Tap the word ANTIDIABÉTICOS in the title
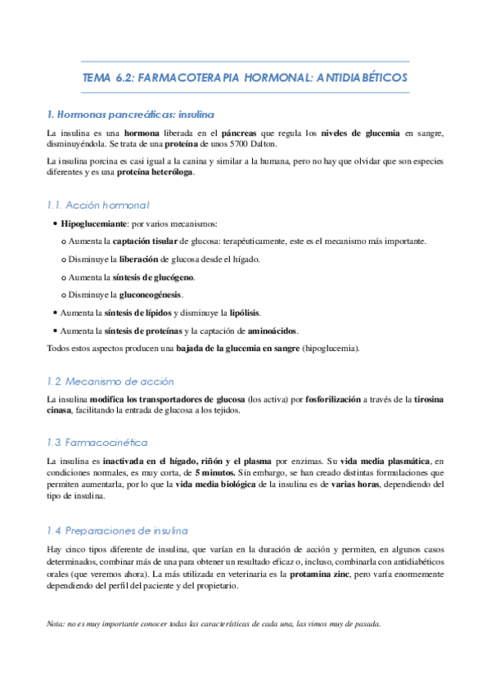360,78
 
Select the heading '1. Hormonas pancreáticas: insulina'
131,115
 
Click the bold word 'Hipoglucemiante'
95,223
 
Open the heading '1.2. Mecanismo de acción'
110,381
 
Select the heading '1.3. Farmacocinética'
97,443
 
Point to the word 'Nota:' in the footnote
57,623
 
